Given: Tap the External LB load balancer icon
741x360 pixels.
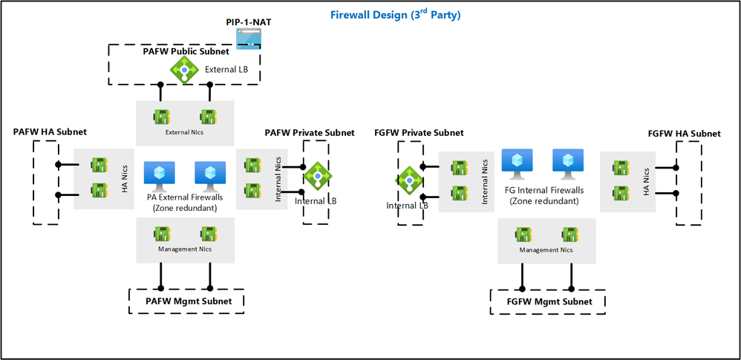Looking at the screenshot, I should [x=183, y=70].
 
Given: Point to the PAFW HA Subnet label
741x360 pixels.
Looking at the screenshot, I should [x=50, y=131].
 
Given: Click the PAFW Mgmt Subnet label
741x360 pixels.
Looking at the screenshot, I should [x=188, y=301].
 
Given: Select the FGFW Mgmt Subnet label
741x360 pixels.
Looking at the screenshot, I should [x=549, y=301].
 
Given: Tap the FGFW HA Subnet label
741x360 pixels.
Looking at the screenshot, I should [x=684, y=133].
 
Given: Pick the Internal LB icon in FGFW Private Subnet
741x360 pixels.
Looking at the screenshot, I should [x=409, y=180].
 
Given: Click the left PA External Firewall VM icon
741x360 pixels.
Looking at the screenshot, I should [x=159, y=174].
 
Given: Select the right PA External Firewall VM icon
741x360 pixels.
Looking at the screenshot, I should [x=210, y=174].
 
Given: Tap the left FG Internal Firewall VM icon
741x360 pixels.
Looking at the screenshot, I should [x=515, y=162].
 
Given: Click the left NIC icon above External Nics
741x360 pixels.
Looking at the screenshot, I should [x=161, y=117].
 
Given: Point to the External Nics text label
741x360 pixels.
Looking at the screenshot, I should [x=185, y=133].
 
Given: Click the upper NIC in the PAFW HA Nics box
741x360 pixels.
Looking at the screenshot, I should [x=98, y=164].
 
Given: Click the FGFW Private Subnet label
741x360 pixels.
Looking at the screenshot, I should [x=419, y=132].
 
